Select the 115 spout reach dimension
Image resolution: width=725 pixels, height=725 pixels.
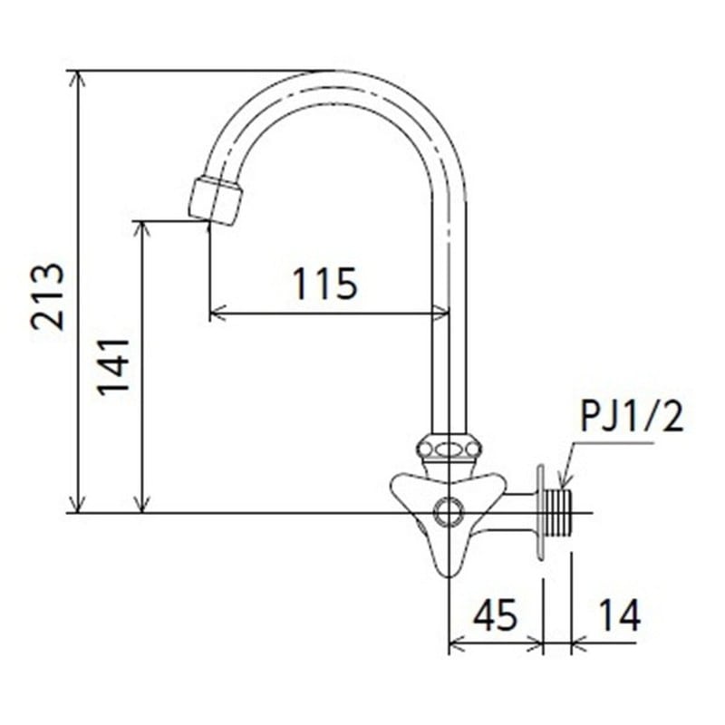[324, 285]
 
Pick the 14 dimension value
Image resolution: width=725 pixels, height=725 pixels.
[618, 615]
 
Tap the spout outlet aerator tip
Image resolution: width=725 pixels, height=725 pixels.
[217, 200]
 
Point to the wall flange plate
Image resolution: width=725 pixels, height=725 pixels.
[541, 513]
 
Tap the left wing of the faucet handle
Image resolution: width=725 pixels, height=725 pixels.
[404, 490]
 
